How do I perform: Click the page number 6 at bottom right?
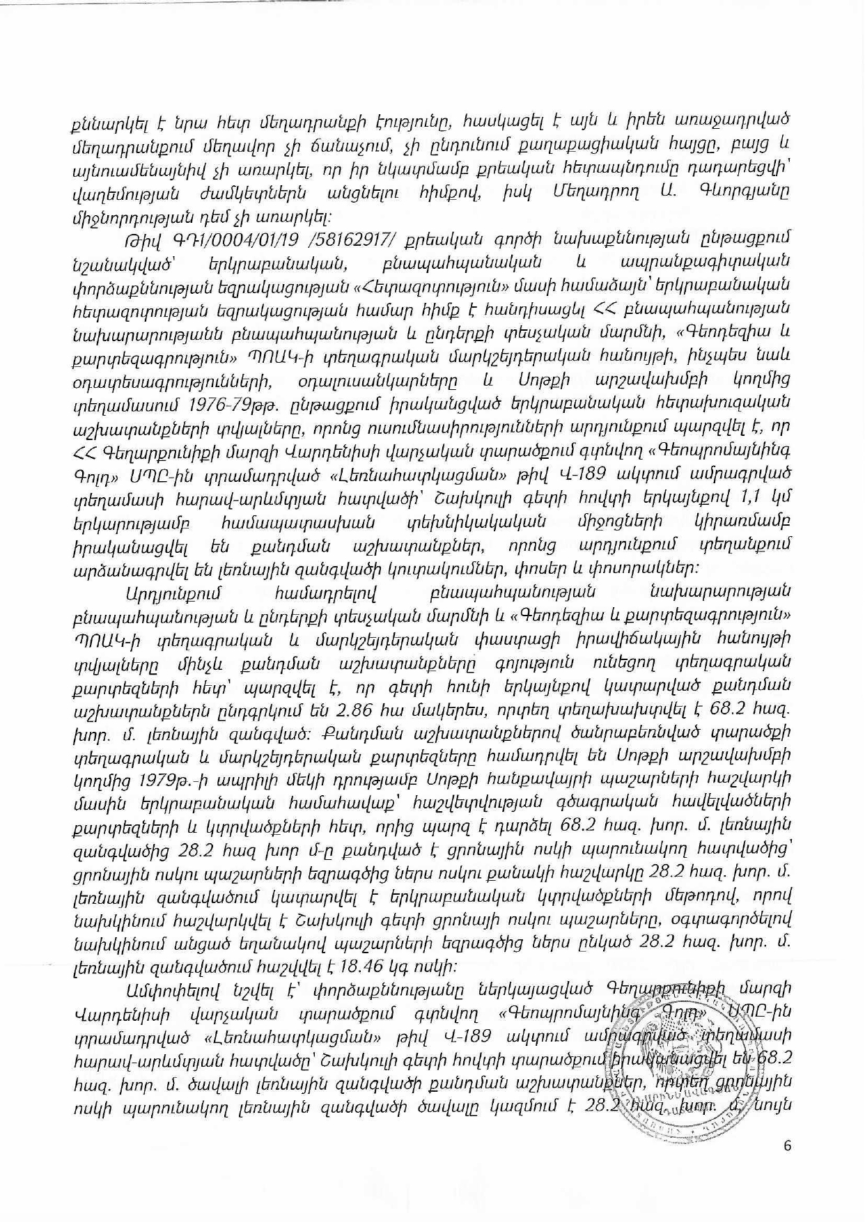click(788, 1147)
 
